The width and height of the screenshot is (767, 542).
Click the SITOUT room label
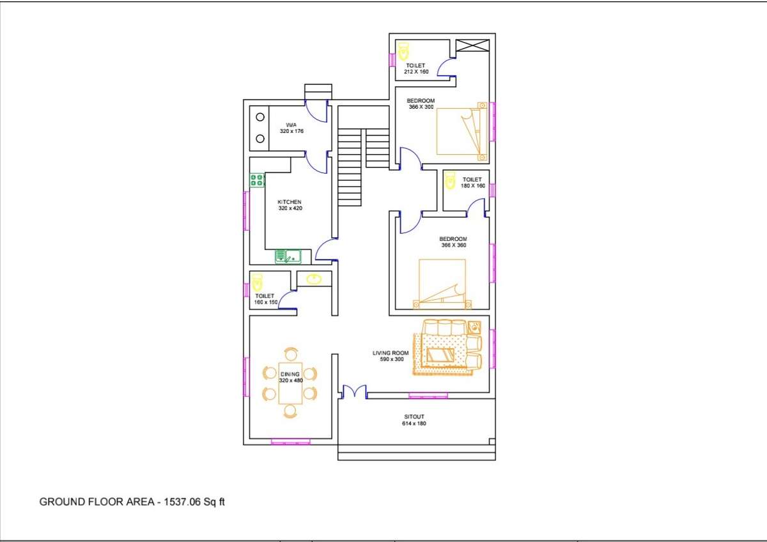coord(414,417)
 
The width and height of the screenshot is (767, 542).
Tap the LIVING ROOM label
coord(390,352)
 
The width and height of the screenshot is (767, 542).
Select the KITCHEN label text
coord(289,202)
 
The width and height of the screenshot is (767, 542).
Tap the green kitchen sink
coord(288,257)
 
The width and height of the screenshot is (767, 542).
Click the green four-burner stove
coord(257,180)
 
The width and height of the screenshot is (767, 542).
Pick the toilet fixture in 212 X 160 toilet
coord(403,50)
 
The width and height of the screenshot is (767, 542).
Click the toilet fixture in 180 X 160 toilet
coord(450,180)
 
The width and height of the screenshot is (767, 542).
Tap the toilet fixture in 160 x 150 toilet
coord(257,282)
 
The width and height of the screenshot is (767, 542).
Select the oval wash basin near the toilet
coord(314,279)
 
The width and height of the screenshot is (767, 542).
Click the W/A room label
coord(291,125)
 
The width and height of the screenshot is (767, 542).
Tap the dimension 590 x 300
coord(390,359)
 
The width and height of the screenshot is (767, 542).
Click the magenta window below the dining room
coord(290,441)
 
